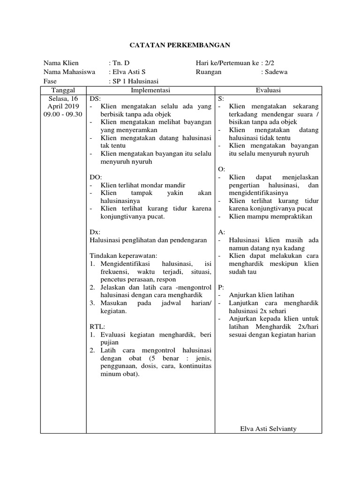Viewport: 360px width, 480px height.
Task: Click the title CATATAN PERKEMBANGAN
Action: point(180,45)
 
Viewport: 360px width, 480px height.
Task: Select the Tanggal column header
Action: point(63,90)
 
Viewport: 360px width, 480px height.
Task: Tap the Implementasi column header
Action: point(150,90)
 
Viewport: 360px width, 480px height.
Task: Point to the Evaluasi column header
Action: point(268,90)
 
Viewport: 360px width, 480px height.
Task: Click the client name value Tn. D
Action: point(120,63)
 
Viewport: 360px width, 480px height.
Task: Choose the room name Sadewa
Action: point(276,72)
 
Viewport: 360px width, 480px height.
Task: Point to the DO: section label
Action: point(95,177)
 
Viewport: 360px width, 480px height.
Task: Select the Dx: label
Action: point(95,232)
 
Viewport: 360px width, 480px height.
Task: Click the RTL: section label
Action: point(97,326)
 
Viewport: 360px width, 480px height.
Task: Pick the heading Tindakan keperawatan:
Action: point(123,255)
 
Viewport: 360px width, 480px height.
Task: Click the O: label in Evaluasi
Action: point(222,169)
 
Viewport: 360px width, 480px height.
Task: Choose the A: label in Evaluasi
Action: point(222,232)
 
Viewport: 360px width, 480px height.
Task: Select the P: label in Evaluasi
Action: point(221,287)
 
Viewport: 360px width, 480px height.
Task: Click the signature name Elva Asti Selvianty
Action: point(268,428)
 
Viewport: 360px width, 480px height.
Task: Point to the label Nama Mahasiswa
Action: point(69,72)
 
